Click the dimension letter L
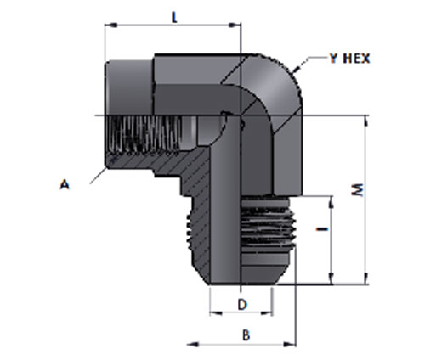pos(174,18)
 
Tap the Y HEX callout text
pos(350,59)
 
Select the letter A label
pos(65,185)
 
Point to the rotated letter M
pos(358,190)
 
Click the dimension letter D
pos(242,305)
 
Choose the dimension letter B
pos(246,335)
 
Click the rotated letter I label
pos(322,228)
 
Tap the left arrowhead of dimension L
pos(110,25)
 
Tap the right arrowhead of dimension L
pos(235,25)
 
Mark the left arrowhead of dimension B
pos(193,345)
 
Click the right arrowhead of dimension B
pos(290,345)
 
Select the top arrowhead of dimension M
pos(366,121)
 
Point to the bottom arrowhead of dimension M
pos(366,278)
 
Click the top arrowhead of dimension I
pos(331,202)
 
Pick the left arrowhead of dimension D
pos(216,313)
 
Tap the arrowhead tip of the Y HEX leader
pos(294,70)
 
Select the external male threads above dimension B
pos(268,223)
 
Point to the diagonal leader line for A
pos(98,176)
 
